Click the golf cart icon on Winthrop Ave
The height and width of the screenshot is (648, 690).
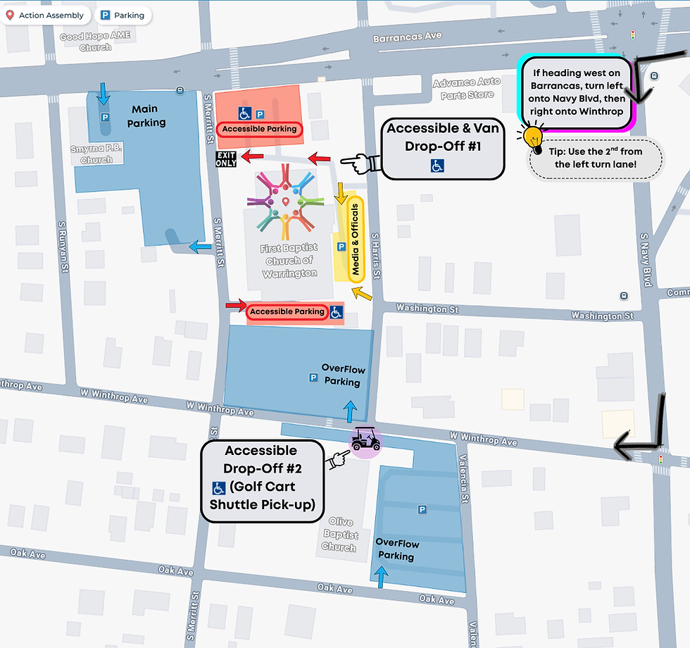pyautogui.click(x=365, y=441)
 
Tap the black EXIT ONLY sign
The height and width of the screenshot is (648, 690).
pyautogui.click(x=226, y=158)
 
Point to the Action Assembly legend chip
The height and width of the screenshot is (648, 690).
pyautogui.click(x=44, y=15)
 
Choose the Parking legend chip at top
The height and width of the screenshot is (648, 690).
pyautogui.click(x=123, y=15)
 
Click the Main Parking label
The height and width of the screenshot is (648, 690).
pyautogui.click(x=146, y=116)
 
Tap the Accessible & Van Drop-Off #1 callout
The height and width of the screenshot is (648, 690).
pyautogui.click(x=442, y=148)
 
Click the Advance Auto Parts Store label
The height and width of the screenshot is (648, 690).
pyautogui.click(x=471, y=88)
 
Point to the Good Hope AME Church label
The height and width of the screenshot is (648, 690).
pyautogui.click(x=85, y=42)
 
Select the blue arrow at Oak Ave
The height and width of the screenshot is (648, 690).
pyautogui.click(x=382, y=578)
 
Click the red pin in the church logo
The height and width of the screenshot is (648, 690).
pyautogui.click(x=285, y=203)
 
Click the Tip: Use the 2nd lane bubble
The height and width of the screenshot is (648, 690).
pyautogui.click(x=595, y=158)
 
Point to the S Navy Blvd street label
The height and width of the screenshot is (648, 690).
pyautogui.click(x=645, y=258)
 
